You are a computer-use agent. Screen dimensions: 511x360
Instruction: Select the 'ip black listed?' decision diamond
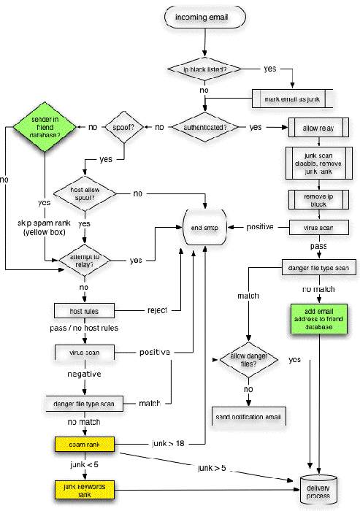[x=206, y=69]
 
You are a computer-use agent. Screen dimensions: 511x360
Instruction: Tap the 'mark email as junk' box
[x=292, y=98]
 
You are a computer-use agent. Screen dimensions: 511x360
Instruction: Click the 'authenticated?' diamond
[x=205, y=127]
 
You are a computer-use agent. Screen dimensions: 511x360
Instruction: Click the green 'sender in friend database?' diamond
[x=45, y=127]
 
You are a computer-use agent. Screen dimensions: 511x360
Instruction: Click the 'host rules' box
[x=85, y=311]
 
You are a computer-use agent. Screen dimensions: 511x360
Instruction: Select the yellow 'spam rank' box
[x=85, y=443]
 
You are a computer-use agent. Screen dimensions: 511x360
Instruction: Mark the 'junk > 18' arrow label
[x=167, y=443]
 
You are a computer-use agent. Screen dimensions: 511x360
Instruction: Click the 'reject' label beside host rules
[x=158, y=311]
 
